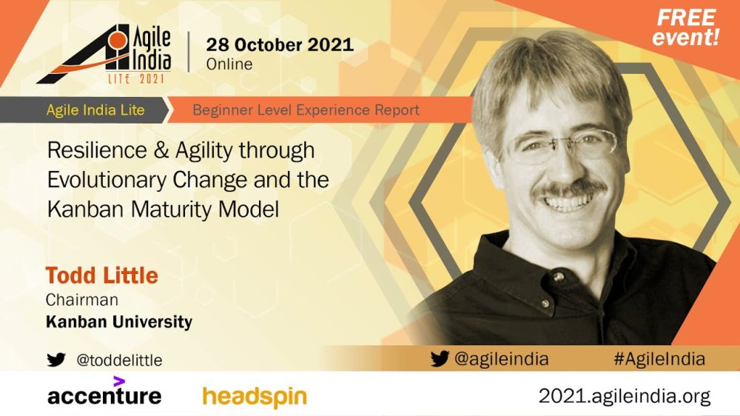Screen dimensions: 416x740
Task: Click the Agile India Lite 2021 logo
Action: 111,53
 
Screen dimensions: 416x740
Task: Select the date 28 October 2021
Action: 280,44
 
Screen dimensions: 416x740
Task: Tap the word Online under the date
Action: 229,64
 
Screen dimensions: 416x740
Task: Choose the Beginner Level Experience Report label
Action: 306,110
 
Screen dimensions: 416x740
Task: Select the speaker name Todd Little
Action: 101,275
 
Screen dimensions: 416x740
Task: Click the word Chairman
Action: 82,300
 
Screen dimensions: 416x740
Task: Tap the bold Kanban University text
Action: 118,322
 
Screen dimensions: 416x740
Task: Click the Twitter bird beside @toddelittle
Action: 56,360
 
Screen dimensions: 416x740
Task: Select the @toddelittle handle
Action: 119,360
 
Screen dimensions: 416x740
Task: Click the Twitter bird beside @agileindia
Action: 440,359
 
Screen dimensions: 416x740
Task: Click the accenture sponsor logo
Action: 104,394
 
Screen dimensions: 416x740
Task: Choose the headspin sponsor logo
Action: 254,396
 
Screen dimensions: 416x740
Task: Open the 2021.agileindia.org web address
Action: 624,396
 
